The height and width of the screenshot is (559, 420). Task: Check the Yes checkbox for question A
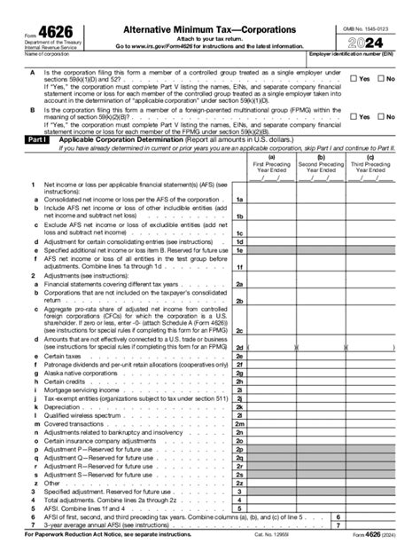354,79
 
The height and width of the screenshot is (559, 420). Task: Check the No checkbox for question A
381,79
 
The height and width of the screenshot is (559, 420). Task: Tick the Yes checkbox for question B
354,116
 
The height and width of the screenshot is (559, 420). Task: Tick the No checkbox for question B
381,116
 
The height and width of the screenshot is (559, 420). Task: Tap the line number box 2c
239,330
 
